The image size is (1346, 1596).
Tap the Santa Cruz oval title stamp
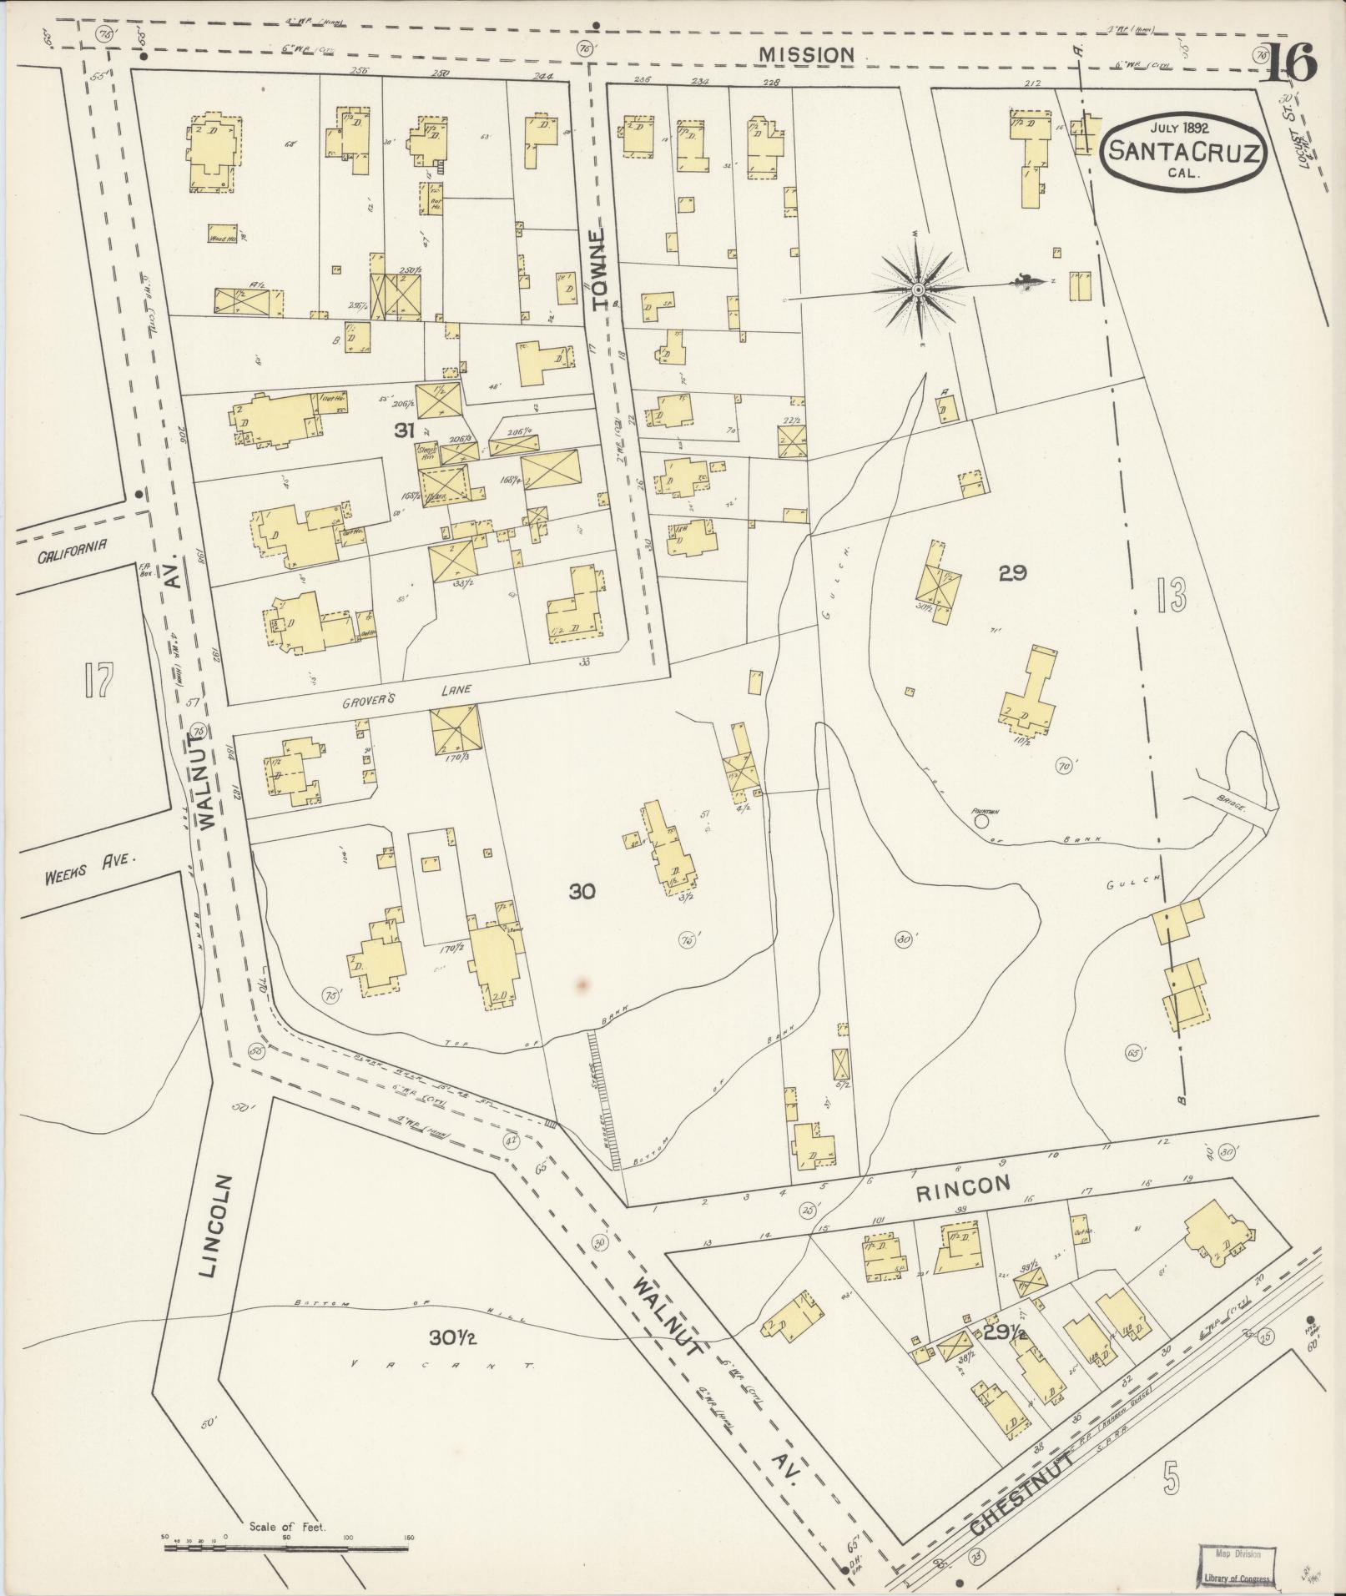tap(1182, 149)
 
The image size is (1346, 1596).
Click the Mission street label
tap(806, 54)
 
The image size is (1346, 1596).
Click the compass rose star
tap(917, 289)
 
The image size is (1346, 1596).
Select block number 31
tap(405, 430)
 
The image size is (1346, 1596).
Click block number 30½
tap(452, 1337)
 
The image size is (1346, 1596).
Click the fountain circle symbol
tap(981, 821)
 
